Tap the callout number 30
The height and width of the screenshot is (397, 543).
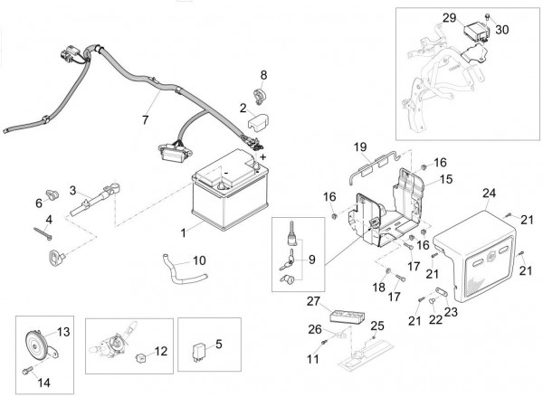tap(502, 30)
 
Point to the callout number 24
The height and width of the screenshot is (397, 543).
tap(489, 193)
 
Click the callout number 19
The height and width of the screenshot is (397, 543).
tap(359, 146)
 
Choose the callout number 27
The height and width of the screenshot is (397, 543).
tap(313, 301)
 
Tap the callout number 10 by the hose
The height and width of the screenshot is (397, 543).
tap(199, 260)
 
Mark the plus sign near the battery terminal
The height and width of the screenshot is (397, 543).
tap(263, 156)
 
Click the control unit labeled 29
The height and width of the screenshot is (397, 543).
tap(478, 33)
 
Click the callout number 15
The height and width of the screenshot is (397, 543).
tap(445, 179)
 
